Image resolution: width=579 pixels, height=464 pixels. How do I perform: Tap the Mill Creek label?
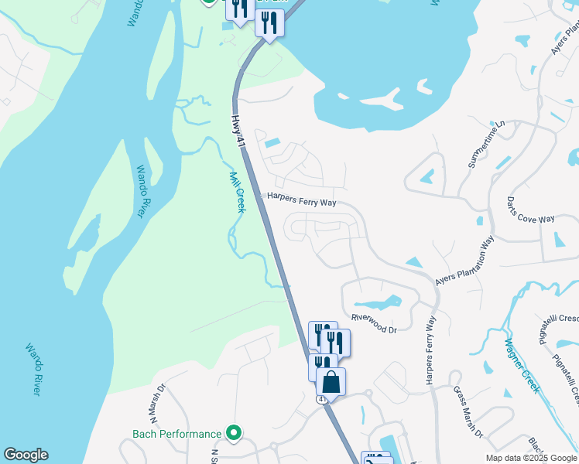coord(237,192)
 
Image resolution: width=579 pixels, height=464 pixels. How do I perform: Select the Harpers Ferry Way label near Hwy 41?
coord(301,200)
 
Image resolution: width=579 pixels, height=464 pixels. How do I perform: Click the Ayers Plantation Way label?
coord(464,263)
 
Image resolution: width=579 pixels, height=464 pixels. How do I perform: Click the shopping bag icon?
coord(331,381)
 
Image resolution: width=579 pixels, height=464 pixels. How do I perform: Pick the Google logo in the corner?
coord(26,455)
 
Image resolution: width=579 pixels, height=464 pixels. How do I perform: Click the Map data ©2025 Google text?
coord(532,458)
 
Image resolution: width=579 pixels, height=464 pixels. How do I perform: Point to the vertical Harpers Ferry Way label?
coord(430,350)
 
